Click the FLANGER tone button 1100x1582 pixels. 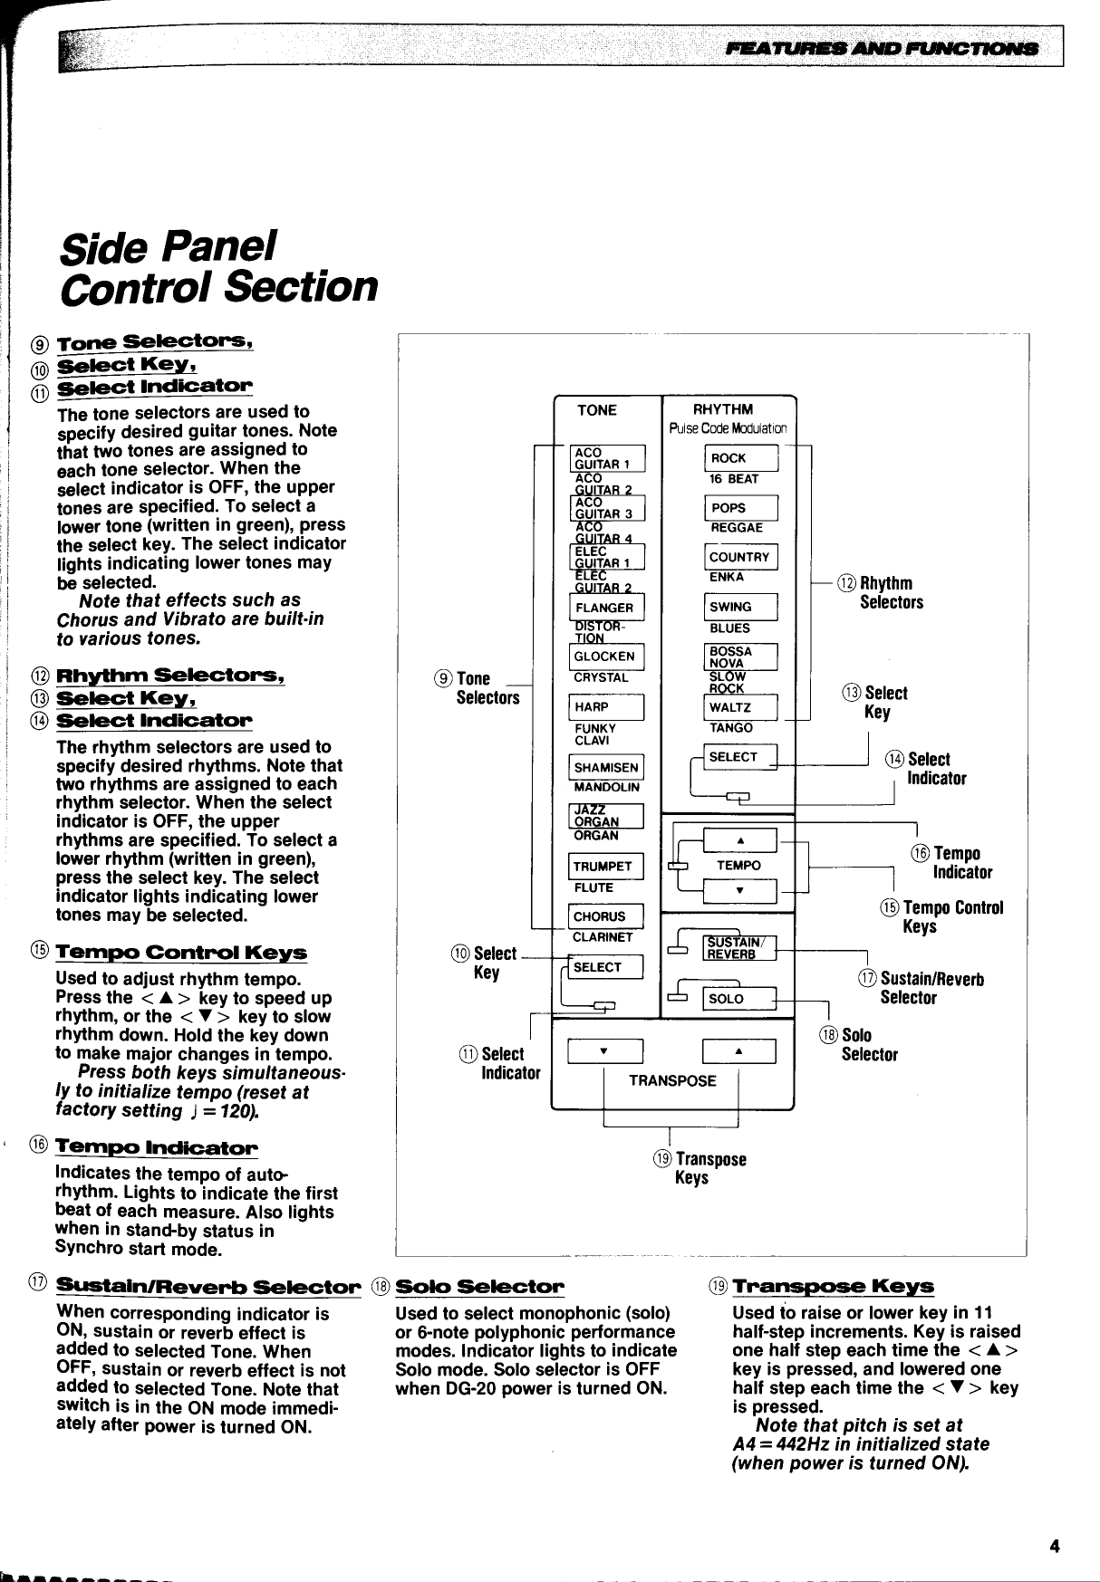pyautogui.click(x=605, y=608)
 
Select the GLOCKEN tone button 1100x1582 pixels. pyautogui.click(x=605, y=657)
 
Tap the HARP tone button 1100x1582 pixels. pyautogui.click(x=605, y=706)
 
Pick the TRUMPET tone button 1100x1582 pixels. pyautogui.click(x=605, y=866)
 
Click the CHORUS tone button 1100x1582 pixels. pyautogui.click(x=605, y=916)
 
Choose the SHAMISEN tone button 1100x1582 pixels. pyautogui.click(x=605, y=767)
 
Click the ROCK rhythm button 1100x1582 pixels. pyautogui.click(x=740, y=458)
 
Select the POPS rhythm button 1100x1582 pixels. pyautogui.click(x=740, y=508)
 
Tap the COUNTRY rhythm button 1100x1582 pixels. pyautogui.click(x=740, y=557)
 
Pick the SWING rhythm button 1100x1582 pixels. pyautogui.click(x=740, y=607)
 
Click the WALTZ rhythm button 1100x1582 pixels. pyautogui.click(x=740, y=706)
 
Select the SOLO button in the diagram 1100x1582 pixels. pyautogui.click(x=739, y=999)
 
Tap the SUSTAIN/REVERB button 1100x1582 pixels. pyautogui.click(x=739, y=947)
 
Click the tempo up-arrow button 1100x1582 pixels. pyautogui.click(x=739, y=839)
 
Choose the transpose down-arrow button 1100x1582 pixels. pyautogui.click(x=604, y=1050)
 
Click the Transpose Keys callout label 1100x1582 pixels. pyautogui.click(x=699, y=1168)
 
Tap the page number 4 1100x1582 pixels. pyautogui.click(x=1054, y=1546)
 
